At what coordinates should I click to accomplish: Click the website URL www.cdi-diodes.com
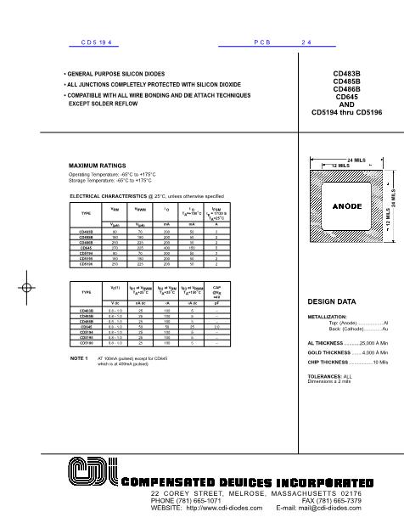point(228,508)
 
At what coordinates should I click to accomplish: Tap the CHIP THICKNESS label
point(328,362)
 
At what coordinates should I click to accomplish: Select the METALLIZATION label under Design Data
point(327,316)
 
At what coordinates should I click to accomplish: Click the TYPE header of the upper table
point(85,212)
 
